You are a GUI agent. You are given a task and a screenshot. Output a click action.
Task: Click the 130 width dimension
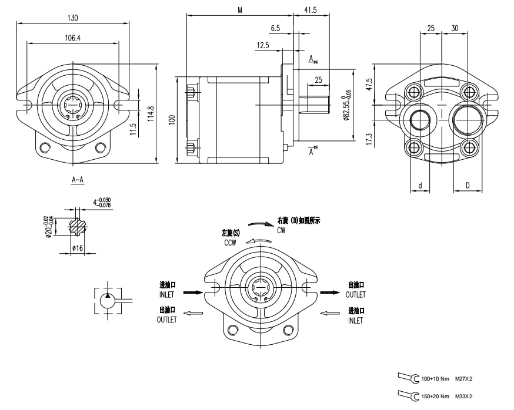point(73,18)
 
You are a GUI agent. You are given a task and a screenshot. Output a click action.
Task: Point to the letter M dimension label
point(240,10)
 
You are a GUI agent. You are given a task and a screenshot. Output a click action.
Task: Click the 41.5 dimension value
point(311,10)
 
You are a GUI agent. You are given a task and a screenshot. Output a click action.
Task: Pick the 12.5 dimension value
point(262,45)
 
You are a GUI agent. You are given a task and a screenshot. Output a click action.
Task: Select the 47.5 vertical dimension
point(369,83)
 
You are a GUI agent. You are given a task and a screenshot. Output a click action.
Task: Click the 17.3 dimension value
point(369,139)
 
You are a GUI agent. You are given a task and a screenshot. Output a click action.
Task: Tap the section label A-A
point(77,179)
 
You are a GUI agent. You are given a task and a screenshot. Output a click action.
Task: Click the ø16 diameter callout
point(77,248)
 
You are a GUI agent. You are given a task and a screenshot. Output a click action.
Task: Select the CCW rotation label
point(230,243)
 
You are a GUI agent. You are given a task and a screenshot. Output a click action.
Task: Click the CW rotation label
point(281,230)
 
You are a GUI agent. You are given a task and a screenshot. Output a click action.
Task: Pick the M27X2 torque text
point(464,379)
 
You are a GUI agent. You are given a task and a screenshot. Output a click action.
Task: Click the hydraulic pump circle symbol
point(108,301)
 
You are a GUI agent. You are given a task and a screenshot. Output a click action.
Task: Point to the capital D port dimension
point(468,186)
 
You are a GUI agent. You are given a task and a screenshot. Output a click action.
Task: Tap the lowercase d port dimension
point(420,186)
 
